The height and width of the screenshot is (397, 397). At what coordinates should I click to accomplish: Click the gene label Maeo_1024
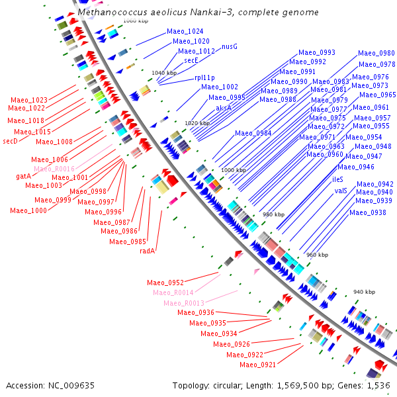[185, 31]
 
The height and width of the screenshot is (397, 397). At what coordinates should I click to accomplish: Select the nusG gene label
[230, 47]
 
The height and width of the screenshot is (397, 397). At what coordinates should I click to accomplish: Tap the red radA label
[147, 251]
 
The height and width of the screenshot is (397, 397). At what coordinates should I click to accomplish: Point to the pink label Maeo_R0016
[54, 169]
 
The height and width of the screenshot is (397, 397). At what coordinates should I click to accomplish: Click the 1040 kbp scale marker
[164, 73]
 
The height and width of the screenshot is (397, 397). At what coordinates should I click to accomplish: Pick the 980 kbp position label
[273, 214]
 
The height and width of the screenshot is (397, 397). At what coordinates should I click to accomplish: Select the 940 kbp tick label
[364, 292]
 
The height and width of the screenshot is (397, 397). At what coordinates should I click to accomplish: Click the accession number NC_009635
[71, 386]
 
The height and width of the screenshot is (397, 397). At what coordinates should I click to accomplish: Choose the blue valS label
[341, 191]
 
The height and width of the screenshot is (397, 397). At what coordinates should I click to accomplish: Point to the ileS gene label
[337, 179]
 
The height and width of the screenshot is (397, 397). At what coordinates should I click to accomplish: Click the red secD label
[10, 141]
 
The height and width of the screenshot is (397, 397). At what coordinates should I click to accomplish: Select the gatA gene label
[23, 176]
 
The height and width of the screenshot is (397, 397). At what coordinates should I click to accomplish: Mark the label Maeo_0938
[368, 212]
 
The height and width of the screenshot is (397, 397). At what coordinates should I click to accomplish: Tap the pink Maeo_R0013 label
[184, 303]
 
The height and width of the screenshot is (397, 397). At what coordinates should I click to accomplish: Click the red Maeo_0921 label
[257, 365]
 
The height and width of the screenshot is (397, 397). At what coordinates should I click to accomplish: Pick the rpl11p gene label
[204, 77]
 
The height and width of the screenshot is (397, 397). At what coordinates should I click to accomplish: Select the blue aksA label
[224, 108]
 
